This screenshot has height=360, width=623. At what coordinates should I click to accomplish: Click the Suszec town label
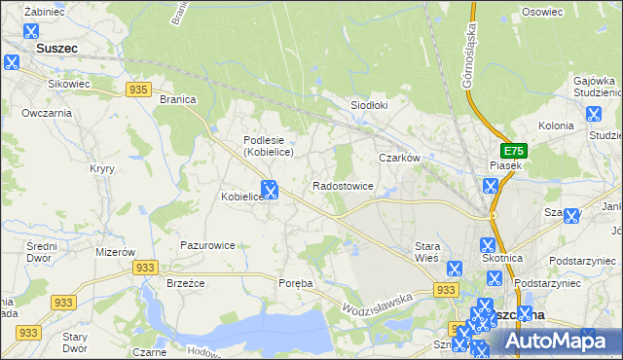[55, 46]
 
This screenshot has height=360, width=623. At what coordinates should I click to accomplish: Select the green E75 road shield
[513, 152]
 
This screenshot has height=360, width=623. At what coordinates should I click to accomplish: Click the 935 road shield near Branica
[138, 90]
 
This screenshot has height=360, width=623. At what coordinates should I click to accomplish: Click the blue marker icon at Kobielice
[270, 190]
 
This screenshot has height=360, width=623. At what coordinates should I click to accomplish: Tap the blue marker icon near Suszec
[12, 62]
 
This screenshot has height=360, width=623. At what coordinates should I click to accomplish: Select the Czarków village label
[398, 157]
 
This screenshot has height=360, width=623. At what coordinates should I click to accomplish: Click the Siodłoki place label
[369, 105]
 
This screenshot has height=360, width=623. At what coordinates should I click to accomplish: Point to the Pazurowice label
[207, 245]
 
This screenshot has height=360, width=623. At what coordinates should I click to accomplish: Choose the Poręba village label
[296, 283]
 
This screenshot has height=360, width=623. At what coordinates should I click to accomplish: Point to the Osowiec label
[543, 12]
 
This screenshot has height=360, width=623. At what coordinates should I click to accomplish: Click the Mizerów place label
[115, 251]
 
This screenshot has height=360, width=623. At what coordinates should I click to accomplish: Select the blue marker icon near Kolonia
[594, 114]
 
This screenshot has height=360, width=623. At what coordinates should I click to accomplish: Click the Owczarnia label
[47, 113]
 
